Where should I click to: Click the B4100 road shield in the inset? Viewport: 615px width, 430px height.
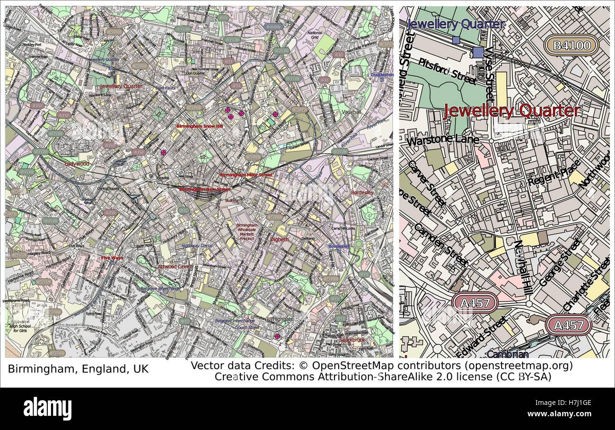(571, 45)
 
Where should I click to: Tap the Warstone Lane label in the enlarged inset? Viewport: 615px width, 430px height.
(442, 140)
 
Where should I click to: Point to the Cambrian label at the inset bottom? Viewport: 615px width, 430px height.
(507, 354)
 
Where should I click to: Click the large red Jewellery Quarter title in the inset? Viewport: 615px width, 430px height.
(511, 111)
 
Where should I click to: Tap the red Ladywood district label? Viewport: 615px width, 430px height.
(77, 164)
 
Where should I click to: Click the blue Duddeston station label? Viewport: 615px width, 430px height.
(382, 75)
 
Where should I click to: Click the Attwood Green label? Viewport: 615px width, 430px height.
(175, 267)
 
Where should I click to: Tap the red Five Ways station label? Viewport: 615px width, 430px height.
(112, 258)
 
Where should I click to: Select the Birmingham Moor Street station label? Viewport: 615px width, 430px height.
(246, 175)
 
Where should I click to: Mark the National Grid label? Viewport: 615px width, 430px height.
(315, 35)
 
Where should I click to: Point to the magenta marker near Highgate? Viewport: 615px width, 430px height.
(277, 336)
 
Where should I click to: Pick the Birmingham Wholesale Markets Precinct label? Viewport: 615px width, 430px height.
(246, 232)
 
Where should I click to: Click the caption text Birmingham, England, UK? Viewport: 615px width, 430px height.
(78, 369)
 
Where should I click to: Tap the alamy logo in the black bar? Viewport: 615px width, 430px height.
(47, 409)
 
